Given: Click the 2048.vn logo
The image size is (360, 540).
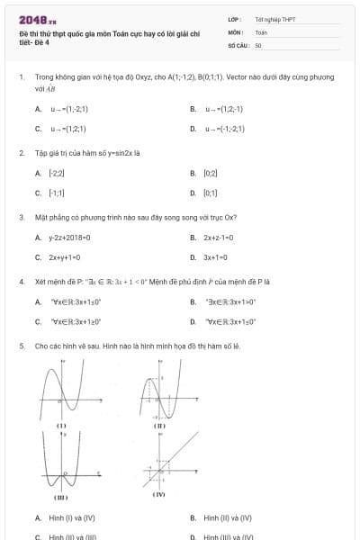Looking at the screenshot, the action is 37,19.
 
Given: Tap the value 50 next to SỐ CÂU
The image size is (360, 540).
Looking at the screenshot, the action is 258,44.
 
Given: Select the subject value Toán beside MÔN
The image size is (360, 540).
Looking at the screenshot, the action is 262,31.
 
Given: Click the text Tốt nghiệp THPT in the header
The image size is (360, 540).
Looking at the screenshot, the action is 274,19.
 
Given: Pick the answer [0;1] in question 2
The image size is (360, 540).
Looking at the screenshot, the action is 211,193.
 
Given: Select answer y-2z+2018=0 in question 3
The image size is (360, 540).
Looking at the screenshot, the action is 70,238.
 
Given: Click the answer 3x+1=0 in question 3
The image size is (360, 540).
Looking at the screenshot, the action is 217,257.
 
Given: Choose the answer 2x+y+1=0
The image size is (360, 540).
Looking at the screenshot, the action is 66,257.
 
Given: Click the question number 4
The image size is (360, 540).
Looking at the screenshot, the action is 21,281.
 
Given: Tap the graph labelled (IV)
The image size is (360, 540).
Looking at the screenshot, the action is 159,460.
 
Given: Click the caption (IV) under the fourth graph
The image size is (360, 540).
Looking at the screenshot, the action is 159,494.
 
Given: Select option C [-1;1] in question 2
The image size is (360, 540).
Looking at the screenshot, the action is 56,193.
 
